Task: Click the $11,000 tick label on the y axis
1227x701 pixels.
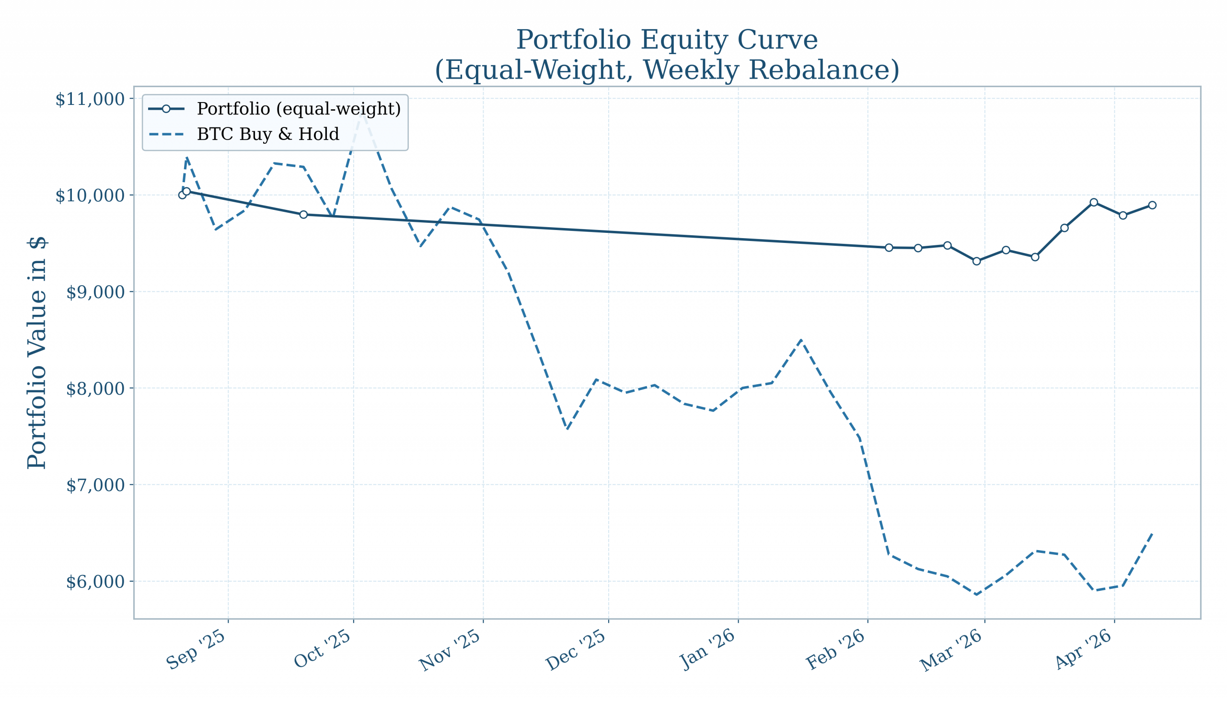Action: [x=90, y=100]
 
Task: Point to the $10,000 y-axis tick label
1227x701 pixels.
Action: [x=90, y=196]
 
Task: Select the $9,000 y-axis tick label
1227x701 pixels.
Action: [x=95, y=292]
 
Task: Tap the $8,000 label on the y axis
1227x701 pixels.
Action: [x=95, y=389]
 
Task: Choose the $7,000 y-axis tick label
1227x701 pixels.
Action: [x=95, y=485]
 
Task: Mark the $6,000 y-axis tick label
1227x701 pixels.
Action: [x=95, y=582]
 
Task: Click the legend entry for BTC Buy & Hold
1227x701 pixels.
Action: [x=268, y=134]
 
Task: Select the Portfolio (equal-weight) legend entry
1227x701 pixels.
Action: [x=299, y=109]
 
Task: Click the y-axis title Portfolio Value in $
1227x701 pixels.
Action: [x=37, y=353]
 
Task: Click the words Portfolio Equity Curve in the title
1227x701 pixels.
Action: [x=667, y=39]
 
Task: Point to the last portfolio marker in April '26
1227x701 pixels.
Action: [x=1152, y=205]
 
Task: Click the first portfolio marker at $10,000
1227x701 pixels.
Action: [x=182, y=195]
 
